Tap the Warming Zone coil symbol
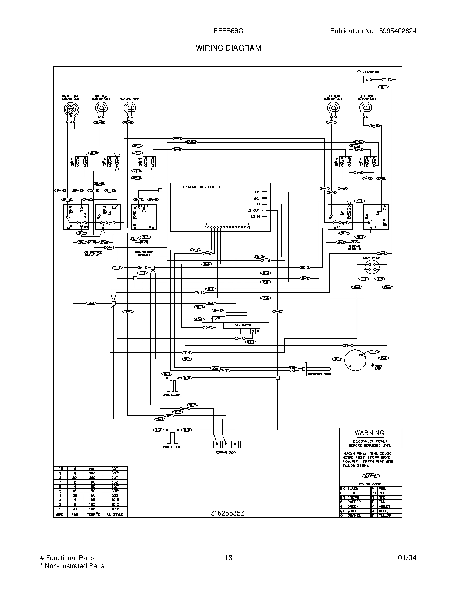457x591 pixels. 129,108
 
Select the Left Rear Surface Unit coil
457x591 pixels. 333,108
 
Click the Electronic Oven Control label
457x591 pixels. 200,187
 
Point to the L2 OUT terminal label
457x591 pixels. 253,210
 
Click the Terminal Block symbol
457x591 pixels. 226,444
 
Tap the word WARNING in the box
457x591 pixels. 369,433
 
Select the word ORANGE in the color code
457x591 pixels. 354,515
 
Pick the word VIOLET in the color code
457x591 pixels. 384,506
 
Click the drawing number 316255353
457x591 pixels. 227,513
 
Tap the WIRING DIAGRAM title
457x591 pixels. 228,48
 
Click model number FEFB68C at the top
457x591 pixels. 228,31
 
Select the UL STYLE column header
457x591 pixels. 115,514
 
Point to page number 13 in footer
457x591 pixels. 228,558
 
